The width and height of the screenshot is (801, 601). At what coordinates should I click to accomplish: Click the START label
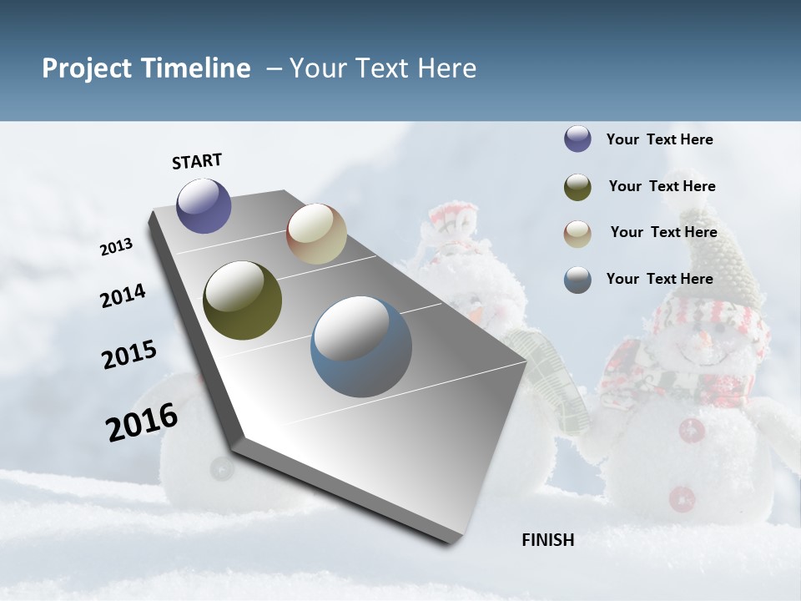tap(197, 161)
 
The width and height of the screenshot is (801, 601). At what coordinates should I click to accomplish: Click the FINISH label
tap(547, 540)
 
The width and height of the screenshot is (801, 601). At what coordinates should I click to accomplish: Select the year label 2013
tap(116, 247)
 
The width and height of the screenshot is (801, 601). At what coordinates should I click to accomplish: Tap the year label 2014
tap(123, 296)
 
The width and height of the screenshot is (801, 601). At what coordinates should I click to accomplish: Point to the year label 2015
tap(129, 355)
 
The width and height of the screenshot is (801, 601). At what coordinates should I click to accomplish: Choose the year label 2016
tap(142, 422)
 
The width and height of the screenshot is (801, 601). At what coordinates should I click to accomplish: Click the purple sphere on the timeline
tap(204, 205)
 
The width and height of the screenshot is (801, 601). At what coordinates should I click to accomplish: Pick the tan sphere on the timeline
tap(316, 234)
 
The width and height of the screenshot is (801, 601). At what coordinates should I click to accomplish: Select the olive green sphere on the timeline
tap(242, 300)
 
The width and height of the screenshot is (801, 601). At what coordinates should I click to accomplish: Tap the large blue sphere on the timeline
tap(361, 346)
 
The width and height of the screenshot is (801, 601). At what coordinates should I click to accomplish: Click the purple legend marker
tap(577, 139)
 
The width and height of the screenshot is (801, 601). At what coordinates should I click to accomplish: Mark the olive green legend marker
tap(577, 187)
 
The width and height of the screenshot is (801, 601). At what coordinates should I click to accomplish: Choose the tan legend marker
tap(577, 233)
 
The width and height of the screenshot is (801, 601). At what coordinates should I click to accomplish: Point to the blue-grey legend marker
tap(577, 280)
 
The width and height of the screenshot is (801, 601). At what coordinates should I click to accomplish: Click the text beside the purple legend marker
tap(659, 139)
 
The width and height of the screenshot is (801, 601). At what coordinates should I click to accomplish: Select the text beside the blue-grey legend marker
tap(659, 279)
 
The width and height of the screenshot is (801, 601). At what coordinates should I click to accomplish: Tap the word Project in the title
tap(87, 68)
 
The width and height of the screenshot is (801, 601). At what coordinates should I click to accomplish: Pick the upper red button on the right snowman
tap(692, 431)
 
